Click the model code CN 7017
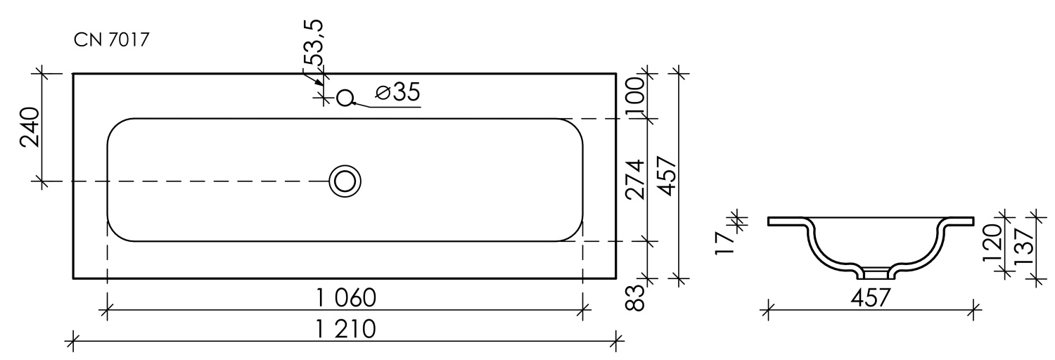(110, 40)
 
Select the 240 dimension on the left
(30, 128)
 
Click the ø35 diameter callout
(397, 92)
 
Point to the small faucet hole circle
(345, 98)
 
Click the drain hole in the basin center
(345, 181)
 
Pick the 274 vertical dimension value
(635, 180)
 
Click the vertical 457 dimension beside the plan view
(666, 177)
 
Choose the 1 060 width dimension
(346, 298)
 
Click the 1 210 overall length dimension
(345, 329)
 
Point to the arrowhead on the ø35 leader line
(354, 103)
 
